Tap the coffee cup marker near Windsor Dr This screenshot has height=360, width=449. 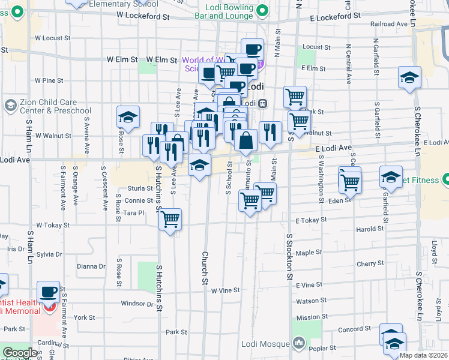(48, 292)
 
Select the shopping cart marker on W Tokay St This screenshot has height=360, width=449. (170, 219)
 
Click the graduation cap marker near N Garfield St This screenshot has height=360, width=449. (409, 78)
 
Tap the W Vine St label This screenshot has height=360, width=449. (225, 290)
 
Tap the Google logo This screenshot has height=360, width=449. (20, 353)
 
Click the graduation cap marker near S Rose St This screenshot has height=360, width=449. (128, 118)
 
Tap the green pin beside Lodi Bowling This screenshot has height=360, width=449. (262, 10)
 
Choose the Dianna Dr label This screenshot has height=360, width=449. (91, 266)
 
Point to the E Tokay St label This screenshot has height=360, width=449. (310, 220)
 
